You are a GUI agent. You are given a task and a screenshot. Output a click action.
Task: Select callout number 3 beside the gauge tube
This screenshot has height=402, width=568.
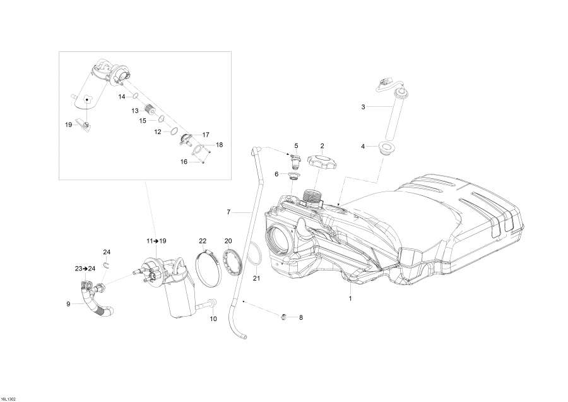point(363,107)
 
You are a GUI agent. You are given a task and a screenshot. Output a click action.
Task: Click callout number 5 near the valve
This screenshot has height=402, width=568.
point(296,145)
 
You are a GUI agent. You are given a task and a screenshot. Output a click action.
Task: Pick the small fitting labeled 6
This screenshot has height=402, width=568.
point(293,176)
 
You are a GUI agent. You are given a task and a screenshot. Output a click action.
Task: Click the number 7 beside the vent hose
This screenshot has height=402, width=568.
point(229,212)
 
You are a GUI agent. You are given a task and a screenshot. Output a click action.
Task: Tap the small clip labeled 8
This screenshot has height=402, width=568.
point(283,316)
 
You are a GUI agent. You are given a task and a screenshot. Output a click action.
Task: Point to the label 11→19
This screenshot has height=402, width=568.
point(155,241)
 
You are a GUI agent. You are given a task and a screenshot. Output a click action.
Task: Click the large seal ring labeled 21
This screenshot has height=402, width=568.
point(254,256)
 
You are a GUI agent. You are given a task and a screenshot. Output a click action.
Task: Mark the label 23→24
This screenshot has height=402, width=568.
point(85,269)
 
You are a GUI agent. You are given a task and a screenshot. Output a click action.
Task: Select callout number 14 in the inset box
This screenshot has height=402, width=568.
point(122,97)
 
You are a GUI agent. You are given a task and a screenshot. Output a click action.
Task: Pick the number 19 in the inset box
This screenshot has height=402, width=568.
point(69,125)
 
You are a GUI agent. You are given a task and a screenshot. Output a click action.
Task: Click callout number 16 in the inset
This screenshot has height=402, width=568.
point(184,162)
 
